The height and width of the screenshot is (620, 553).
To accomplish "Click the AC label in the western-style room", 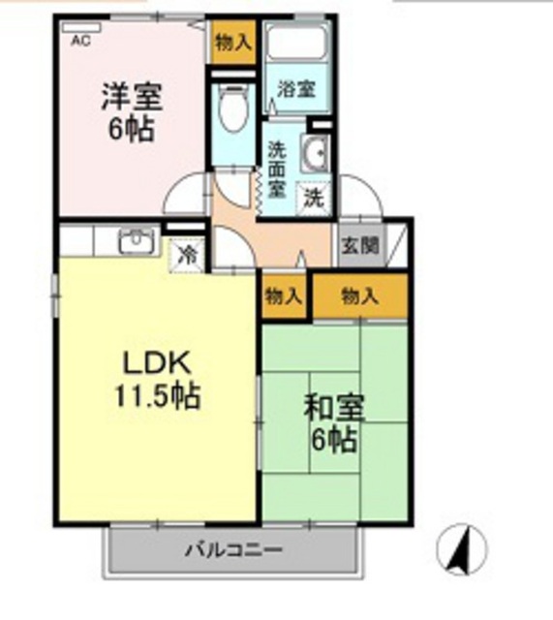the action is [80, 41].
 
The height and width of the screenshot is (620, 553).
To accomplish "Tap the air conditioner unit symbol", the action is [81, 27].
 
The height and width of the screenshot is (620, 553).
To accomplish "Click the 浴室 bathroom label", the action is [296, 89].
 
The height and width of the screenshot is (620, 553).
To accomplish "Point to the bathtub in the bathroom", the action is [297, 42].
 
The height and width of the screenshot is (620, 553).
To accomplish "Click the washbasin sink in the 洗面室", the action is [316, 153].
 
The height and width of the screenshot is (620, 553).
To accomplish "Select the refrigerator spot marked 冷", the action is [187, 256].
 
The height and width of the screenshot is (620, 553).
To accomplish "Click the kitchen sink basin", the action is [137, 240].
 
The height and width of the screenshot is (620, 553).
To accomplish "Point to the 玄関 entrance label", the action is [360, 245].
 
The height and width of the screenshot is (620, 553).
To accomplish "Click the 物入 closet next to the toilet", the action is [232, 43].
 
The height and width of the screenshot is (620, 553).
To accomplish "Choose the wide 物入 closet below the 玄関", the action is [360, 296].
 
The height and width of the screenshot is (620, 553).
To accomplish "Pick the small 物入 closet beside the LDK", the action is [284, 296].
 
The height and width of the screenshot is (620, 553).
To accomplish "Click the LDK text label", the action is [157, 363].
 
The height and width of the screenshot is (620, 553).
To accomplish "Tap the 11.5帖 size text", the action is [158, 395].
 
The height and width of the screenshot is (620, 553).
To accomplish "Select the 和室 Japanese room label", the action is [334, 409].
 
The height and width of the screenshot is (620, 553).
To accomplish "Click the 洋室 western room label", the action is [132, 97].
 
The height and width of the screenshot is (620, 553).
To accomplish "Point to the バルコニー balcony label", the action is [234, 549].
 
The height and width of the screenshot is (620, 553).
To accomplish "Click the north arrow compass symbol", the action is [462, 549].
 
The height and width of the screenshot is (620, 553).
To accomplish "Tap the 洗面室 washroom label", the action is [277, 170].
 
